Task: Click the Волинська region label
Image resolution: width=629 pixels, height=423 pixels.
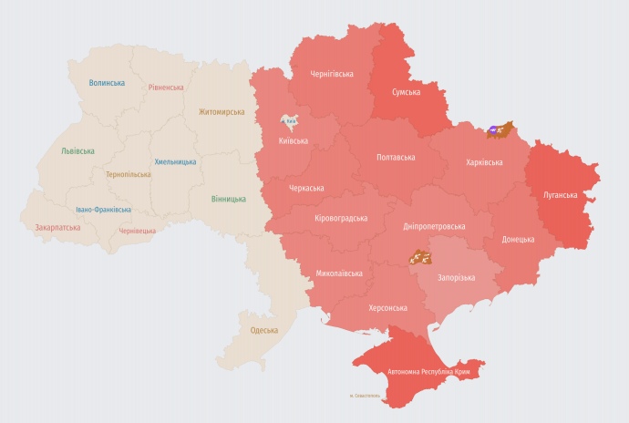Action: tap(107, 83)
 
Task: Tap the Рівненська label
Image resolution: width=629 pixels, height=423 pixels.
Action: tap(166, 88)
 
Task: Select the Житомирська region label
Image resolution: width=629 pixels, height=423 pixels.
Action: tap(222, 112)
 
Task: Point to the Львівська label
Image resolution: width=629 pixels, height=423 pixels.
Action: tap(77, 151)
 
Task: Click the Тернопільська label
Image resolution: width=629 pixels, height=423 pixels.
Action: tap(129, 173)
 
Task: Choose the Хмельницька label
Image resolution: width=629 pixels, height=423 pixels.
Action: tap(175, 161)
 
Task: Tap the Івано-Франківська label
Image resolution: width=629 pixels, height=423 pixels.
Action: tap(103, 210)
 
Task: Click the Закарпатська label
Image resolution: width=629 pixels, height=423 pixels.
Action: tap(57, 227)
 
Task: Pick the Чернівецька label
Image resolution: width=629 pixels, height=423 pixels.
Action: tap(139, 232)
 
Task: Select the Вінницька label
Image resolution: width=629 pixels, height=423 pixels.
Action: tap(228, 199)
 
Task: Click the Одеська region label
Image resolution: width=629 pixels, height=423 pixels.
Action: tap(263, 329)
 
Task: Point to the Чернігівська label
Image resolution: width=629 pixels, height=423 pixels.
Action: tap(332, 75)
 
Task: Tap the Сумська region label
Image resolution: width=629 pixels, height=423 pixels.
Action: tap(406, 93)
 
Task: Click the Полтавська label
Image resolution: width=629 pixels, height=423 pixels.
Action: tap(396, 157)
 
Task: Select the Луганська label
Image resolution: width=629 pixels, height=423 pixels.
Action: tap(560, 195)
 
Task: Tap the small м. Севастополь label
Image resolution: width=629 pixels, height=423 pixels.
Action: tap(366, 395)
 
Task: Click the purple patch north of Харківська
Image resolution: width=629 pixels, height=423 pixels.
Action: tap(493, 130)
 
